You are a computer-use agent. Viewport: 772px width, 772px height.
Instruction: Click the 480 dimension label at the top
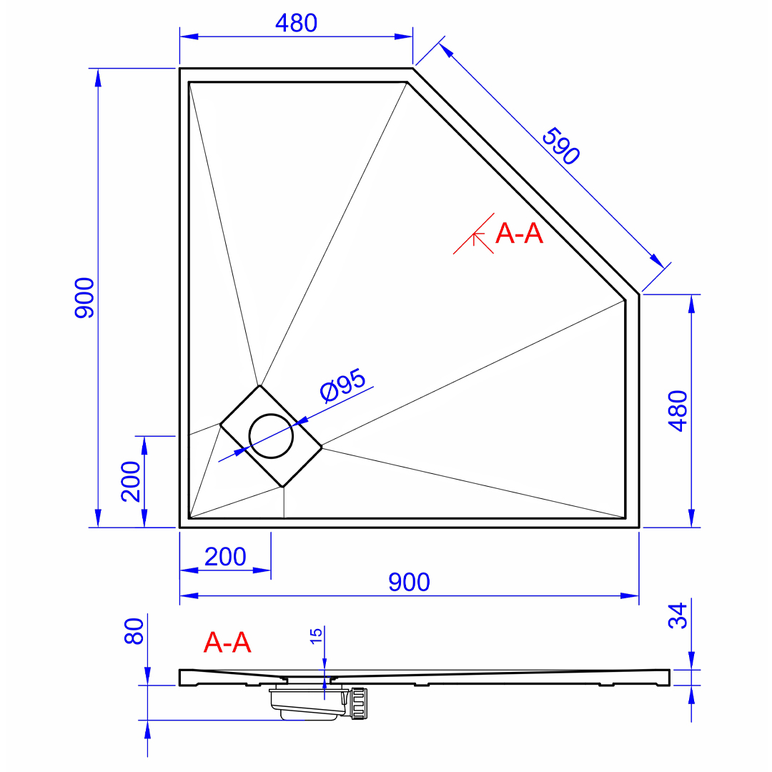[296, 23]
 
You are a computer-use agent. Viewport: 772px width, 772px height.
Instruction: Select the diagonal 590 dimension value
[561, 147]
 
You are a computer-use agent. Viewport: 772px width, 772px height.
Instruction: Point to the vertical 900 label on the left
[84, 298]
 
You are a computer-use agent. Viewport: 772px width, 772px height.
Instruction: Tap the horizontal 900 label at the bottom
[409, 582]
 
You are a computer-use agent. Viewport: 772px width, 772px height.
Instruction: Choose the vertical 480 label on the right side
[678, 411]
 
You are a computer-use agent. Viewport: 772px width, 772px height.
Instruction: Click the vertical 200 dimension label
[131, 482]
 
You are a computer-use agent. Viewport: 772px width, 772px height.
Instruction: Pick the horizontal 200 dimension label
[225, 557]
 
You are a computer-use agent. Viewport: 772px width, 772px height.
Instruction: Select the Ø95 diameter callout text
[342, 385]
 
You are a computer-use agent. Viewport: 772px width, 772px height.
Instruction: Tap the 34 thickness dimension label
[678, 616]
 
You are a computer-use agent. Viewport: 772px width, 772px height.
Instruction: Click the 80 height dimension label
[134, 631]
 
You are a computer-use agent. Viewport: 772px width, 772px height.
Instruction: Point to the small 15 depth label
[316, 635]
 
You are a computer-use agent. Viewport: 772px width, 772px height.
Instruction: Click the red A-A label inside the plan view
[519, 233]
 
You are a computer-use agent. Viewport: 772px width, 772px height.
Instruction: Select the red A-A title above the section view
[227, 643]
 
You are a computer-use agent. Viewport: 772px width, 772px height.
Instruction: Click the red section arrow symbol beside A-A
[474, 234]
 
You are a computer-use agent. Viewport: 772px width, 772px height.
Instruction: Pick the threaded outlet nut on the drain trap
[358, 703]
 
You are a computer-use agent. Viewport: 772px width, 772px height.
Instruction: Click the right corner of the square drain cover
[322, 447]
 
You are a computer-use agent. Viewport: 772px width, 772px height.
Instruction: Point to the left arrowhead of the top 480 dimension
[189, 36]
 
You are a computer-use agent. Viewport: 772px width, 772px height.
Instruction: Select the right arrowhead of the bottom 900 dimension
[630, 595]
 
